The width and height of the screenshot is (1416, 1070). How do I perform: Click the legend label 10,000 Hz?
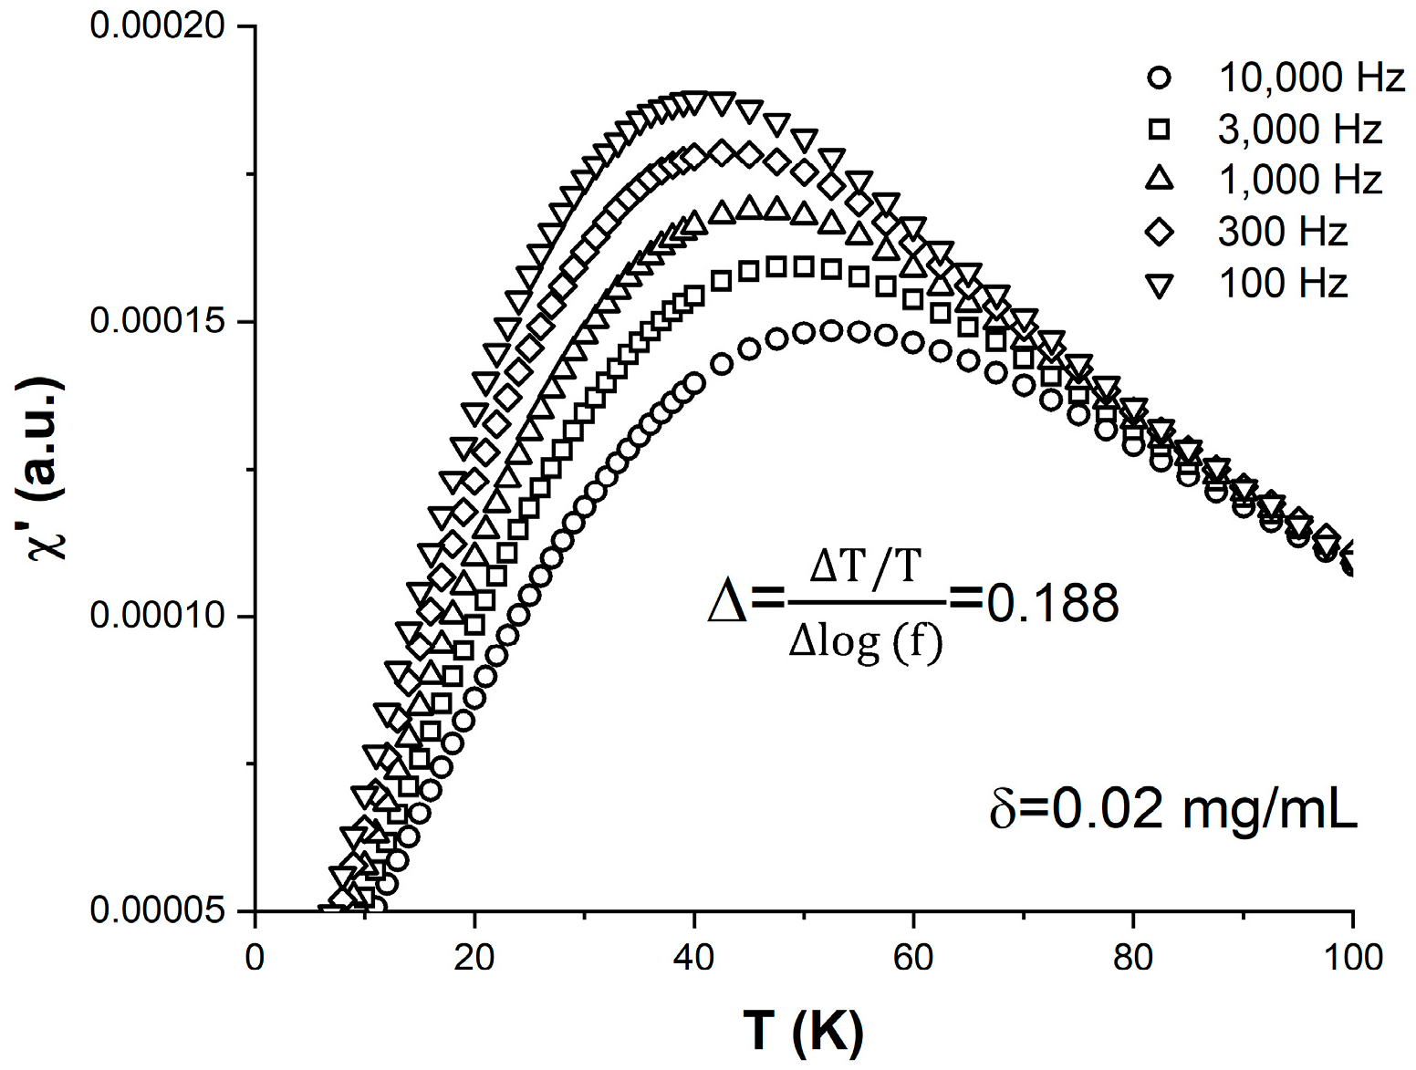point(1311,78)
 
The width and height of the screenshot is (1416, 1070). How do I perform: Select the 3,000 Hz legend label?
point(1299,130)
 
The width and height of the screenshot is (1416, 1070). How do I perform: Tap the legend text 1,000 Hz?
point(1299,181)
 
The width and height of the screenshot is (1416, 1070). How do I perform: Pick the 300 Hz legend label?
point(1282,232)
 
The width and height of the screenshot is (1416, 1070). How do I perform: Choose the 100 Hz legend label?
point(1282,283)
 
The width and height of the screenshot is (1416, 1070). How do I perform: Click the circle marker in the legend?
point(1159,78)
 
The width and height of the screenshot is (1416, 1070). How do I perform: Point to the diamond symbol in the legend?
point(1159,232)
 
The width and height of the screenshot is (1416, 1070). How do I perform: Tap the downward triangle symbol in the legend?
point(1159,285)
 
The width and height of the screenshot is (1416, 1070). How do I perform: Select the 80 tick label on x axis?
point(1132,957)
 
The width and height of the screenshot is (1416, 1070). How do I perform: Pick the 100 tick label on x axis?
point(1351,957)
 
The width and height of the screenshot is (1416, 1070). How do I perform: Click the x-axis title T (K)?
point(803,1032)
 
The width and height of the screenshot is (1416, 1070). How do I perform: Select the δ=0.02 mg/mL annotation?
point(1172,808)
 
